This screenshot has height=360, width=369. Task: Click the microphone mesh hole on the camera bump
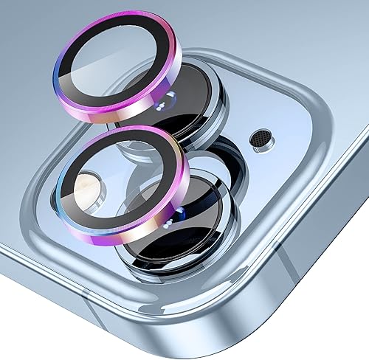click(x=261, y=137)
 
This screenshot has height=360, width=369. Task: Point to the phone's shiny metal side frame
click(x=184, y=325)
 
